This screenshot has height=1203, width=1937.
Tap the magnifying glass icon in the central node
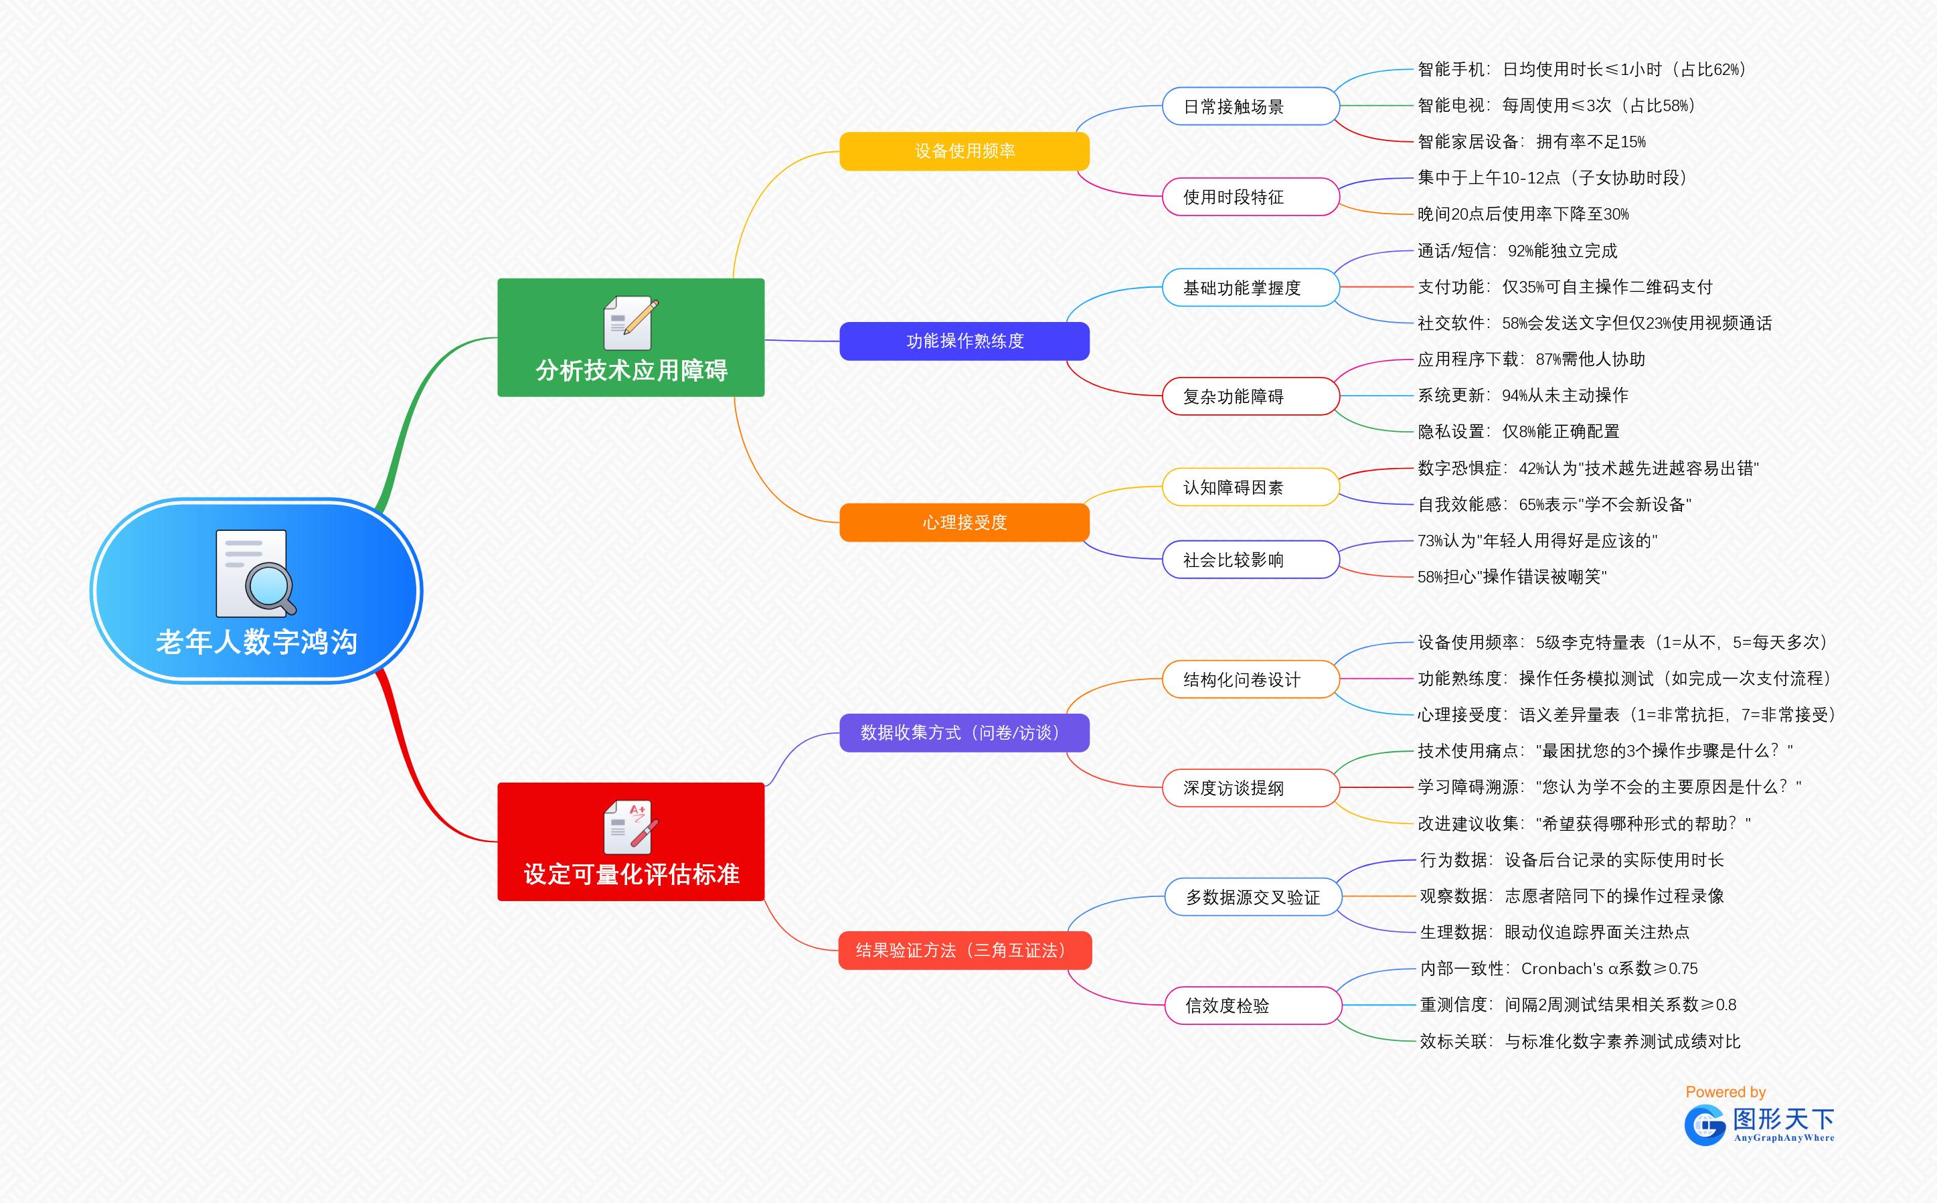(x=269, y=586)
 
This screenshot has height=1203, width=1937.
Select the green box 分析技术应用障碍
(x=630, y=337)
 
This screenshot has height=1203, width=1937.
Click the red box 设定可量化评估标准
(x=630, y=841)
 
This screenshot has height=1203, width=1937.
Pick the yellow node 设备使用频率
(x=964, y=151)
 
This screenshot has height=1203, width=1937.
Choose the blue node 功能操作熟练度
(x=964, y=341)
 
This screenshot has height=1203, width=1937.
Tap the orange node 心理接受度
(x=964, y=523)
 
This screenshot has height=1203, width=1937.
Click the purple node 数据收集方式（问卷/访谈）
(x=964, y=733)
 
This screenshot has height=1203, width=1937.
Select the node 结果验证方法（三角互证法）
(x=964, y=950)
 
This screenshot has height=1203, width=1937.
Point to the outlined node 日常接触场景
(x=1250, y=106)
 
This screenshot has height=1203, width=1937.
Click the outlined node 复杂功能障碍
(x=1250, y=396)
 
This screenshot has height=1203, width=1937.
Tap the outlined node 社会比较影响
(x=1250, y=560)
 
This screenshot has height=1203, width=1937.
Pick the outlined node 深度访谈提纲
(x=1250, y=788)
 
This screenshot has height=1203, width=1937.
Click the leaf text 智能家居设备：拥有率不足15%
(x=1531, y=142)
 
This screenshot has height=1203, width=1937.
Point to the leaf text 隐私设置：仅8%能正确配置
(x=1518, y=431)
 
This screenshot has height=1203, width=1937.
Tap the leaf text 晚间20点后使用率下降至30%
(x=1523, y=214)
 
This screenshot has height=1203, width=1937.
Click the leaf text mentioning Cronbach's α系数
(x=1558, y=968)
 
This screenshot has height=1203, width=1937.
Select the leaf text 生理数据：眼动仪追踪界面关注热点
(x=1553, y=932)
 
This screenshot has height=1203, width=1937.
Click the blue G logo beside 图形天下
(x=1705, y=1125)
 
